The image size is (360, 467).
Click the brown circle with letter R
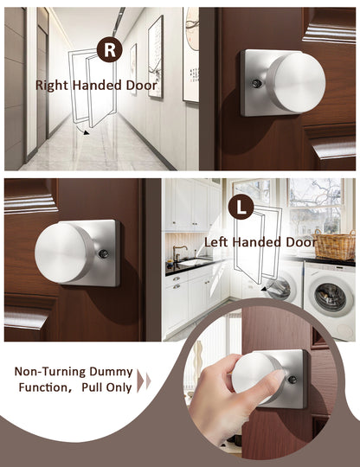pos(109,49)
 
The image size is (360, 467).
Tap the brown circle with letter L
pos(241,207)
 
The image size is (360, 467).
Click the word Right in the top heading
pos(52,86)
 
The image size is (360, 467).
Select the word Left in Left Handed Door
pos(215,241)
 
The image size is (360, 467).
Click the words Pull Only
pos(106,387)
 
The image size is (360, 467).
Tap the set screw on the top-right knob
pos(256,84)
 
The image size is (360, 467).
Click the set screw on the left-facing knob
pos(103,253)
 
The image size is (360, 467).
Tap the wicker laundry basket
pos(335,245)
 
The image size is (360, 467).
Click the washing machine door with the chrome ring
pos(331,295)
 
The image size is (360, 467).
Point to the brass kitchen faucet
pos(179,252)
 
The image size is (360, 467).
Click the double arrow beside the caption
pos(144,380)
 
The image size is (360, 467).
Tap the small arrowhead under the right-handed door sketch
pos(87,132)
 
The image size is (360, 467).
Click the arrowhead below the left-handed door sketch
pos(263,288)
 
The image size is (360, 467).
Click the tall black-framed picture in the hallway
pos(156,56)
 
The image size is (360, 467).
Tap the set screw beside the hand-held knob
pos(292,380)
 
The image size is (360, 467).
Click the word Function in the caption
pos(43,387)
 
